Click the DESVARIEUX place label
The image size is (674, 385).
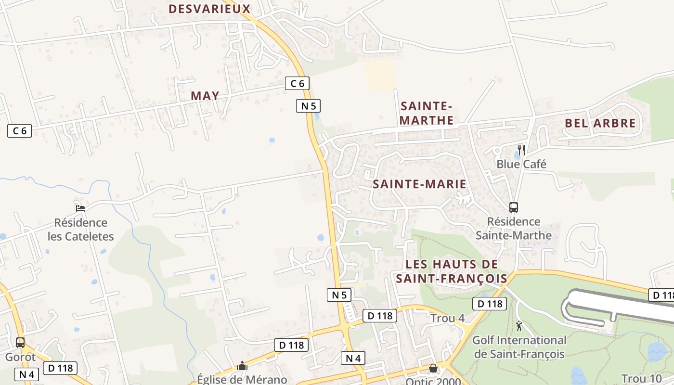coord(209,9)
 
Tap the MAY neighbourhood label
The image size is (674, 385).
coord(205,96)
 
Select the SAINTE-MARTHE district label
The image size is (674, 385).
coord(427,113)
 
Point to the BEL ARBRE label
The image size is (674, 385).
coord(600,123)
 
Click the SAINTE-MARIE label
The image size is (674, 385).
coord(419,184)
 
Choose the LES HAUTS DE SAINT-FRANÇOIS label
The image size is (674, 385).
coord(452,271)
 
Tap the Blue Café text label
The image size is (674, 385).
coord(521,164)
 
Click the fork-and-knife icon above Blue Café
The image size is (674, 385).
coord(521,149)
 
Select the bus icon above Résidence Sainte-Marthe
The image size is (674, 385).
coord(514,207)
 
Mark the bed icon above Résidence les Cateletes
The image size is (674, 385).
coord(80,208)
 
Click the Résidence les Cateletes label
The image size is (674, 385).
coord(81,230)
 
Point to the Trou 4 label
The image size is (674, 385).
coord(448,319)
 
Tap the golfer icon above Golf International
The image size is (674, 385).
coord(519,326)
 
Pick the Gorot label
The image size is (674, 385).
coord(20,357)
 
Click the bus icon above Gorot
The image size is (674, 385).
coord(20,343)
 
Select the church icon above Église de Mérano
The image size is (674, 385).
coord(242,366)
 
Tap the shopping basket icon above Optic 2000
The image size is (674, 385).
coord(433,368)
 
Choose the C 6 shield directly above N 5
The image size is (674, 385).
coord(297,83)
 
